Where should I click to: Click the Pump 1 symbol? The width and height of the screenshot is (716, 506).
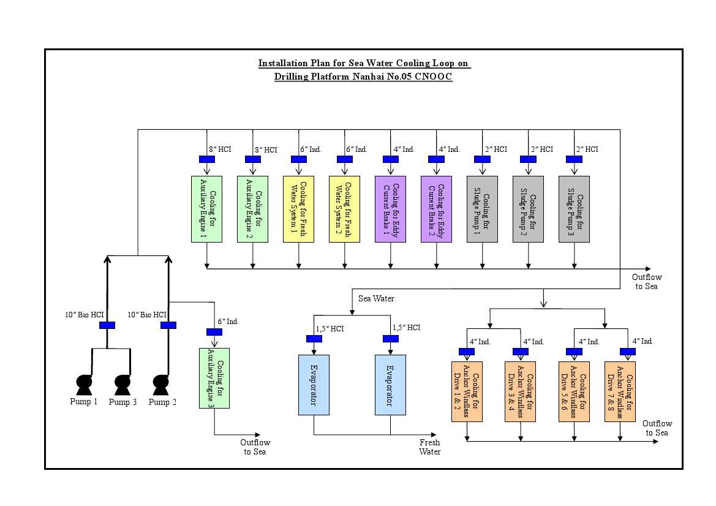point(84,385)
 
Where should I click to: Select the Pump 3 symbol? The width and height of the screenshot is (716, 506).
point(122,385)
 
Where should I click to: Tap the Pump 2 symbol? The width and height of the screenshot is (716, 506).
point(160,385)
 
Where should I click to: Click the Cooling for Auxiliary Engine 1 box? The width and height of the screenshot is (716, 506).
point(206,209)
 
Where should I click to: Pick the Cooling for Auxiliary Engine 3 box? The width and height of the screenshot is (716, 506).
point(214,378)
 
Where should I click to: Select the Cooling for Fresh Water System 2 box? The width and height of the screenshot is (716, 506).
point(344,209)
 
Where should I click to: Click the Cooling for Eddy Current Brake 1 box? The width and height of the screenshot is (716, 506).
point(390,209)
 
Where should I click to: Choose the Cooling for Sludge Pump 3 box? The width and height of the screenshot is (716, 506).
point(574,209)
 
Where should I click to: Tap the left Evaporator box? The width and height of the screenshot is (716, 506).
point(314,385)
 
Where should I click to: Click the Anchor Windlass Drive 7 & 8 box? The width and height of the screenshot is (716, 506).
point(620,391)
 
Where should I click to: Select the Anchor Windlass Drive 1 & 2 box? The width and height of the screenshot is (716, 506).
point(467,391)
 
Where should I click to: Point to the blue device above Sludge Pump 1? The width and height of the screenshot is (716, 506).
point(483,159)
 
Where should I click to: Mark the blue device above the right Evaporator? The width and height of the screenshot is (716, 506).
point(391,338)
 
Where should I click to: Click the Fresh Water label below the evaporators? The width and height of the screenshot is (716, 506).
point(429,447)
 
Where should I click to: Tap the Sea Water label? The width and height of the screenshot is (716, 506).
point(376,298)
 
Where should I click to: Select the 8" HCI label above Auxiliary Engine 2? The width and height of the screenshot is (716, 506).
point(266,149)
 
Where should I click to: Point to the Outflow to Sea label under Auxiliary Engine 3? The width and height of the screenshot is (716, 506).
point(255,447)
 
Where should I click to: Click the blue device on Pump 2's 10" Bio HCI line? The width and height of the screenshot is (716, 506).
point(168,325)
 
